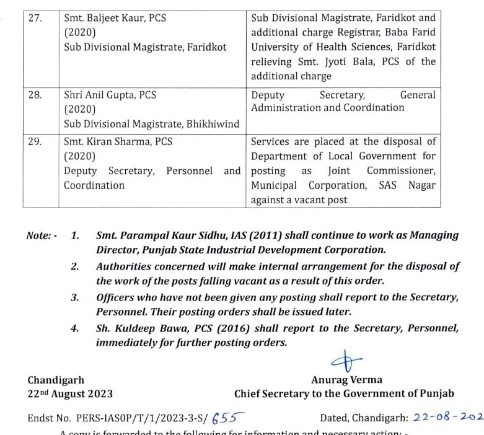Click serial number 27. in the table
coord(35,18)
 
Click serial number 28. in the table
coord(35,95)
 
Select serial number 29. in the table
coord(35,141)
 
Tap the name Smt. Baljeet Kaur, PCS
coord(115,18)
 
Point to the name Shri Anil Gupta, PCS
coord(110,95)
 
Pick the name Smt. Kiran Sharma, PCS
coord(118,141)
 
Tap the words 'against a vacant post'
coord(299,200)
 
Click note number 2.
coord(74,266)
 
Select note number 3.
coord(74,297)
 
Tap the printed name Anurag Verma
coord(346,380)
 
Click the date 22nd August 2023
coord(70,393)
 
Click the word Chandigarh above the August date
coord(56,380)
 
